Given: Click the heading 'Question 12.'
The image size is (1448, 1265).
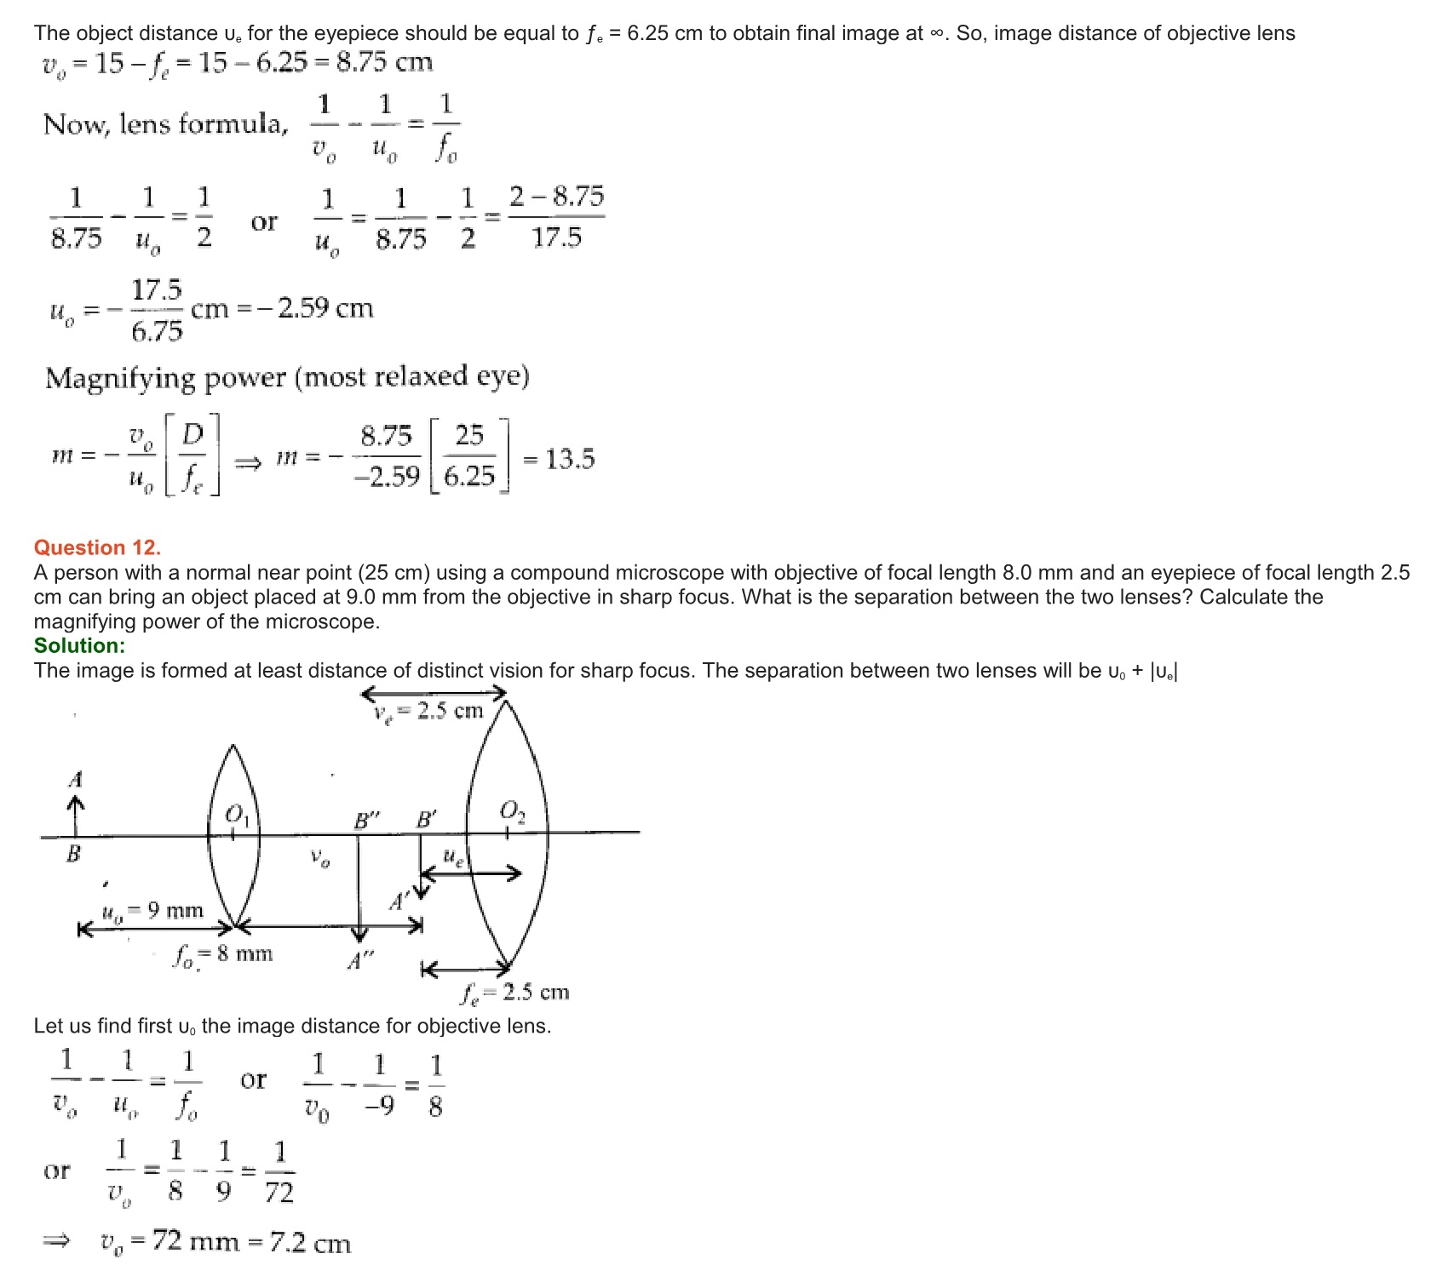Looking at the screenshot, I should [x=97, y=547].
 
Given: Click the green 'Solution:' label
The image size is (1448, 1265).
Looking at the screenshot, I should [x=79, y=645].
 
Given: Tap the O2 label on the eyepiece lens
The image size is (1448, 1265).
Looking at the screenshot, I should [x=512, y=810].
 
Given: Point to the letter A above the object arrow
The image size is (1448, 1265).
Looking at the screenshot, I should [x=76, y=779].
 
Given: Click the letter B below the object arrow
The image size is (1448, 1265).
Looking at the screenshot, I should [x=74, y=854].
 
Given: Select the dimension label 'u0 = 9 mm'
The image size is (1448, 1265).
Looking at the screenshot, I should [x=152, y=911].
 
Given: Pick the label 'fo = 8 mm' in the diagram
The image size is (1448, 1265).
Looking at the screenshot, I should [x=223, y=954].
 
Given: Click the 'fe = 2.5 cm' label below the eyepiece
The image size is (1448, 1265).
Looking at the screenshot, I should [x=515, y=993].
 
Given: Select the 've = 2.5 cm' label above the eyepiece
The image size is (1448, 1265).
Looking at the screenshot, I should [x=428, y=712].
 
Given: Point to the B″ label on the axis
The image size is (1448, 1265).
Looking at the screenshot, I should [x=366, y=821].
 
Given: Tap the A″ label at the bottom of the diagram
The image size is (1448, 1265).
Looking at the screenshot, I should [x=360, y=962].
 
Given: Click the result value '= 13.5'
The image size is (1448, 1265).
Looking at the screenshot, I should [x=560, y=460].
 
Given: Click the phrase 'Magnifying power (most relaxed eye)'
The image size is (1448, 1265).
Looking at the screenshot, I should [x=287, y=377].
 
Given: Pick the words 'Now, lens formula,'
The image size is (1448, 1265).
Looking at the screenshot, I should [x=166, y=124].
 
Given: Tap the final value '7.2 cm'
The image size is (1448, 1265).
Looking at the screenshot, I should [x=310, y=1243].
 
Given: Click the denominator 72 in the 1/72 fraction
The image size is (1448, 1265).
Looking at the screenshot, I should [x=279, y=1193].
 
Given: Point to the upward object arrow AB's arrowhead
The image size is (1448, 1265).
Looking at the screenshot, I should [x=76, y=802].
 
